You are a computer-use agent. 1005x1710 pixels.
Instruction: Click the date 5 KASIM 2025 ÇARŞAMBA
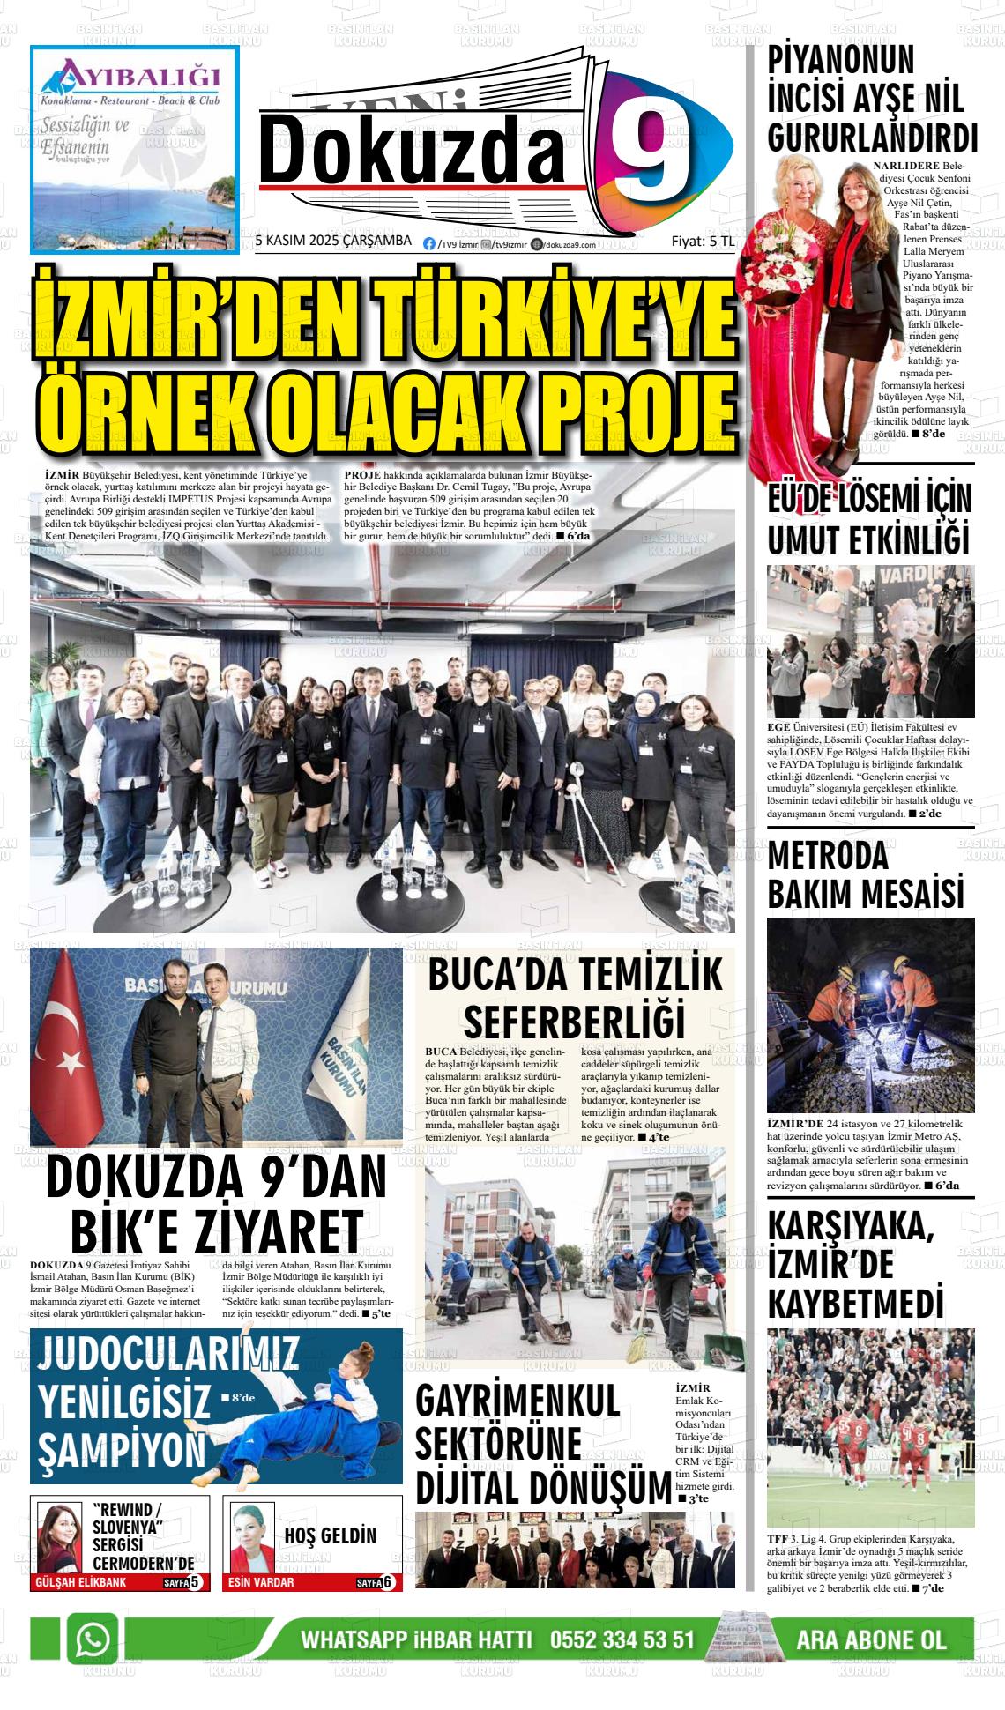point(333,241)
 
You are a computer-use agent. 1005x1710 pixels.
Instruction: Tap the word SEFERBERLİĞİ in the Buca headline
point(574,1020)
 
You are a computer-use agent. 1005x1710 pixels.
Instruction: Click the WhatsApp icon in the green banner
point(93,1639)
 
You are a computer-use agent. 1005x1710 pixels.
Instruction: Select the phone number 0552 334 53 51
point(622,1640)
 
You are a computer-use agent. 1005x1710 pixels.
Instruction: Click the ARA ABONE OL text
point(871,1640)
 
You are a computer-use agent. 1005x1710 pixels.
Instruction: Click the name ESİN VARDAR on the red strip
point(261,1582)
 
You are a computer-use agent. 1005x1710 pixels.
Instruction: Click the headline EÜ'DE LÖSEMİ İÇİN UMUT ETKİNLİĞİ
point(869,520)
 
